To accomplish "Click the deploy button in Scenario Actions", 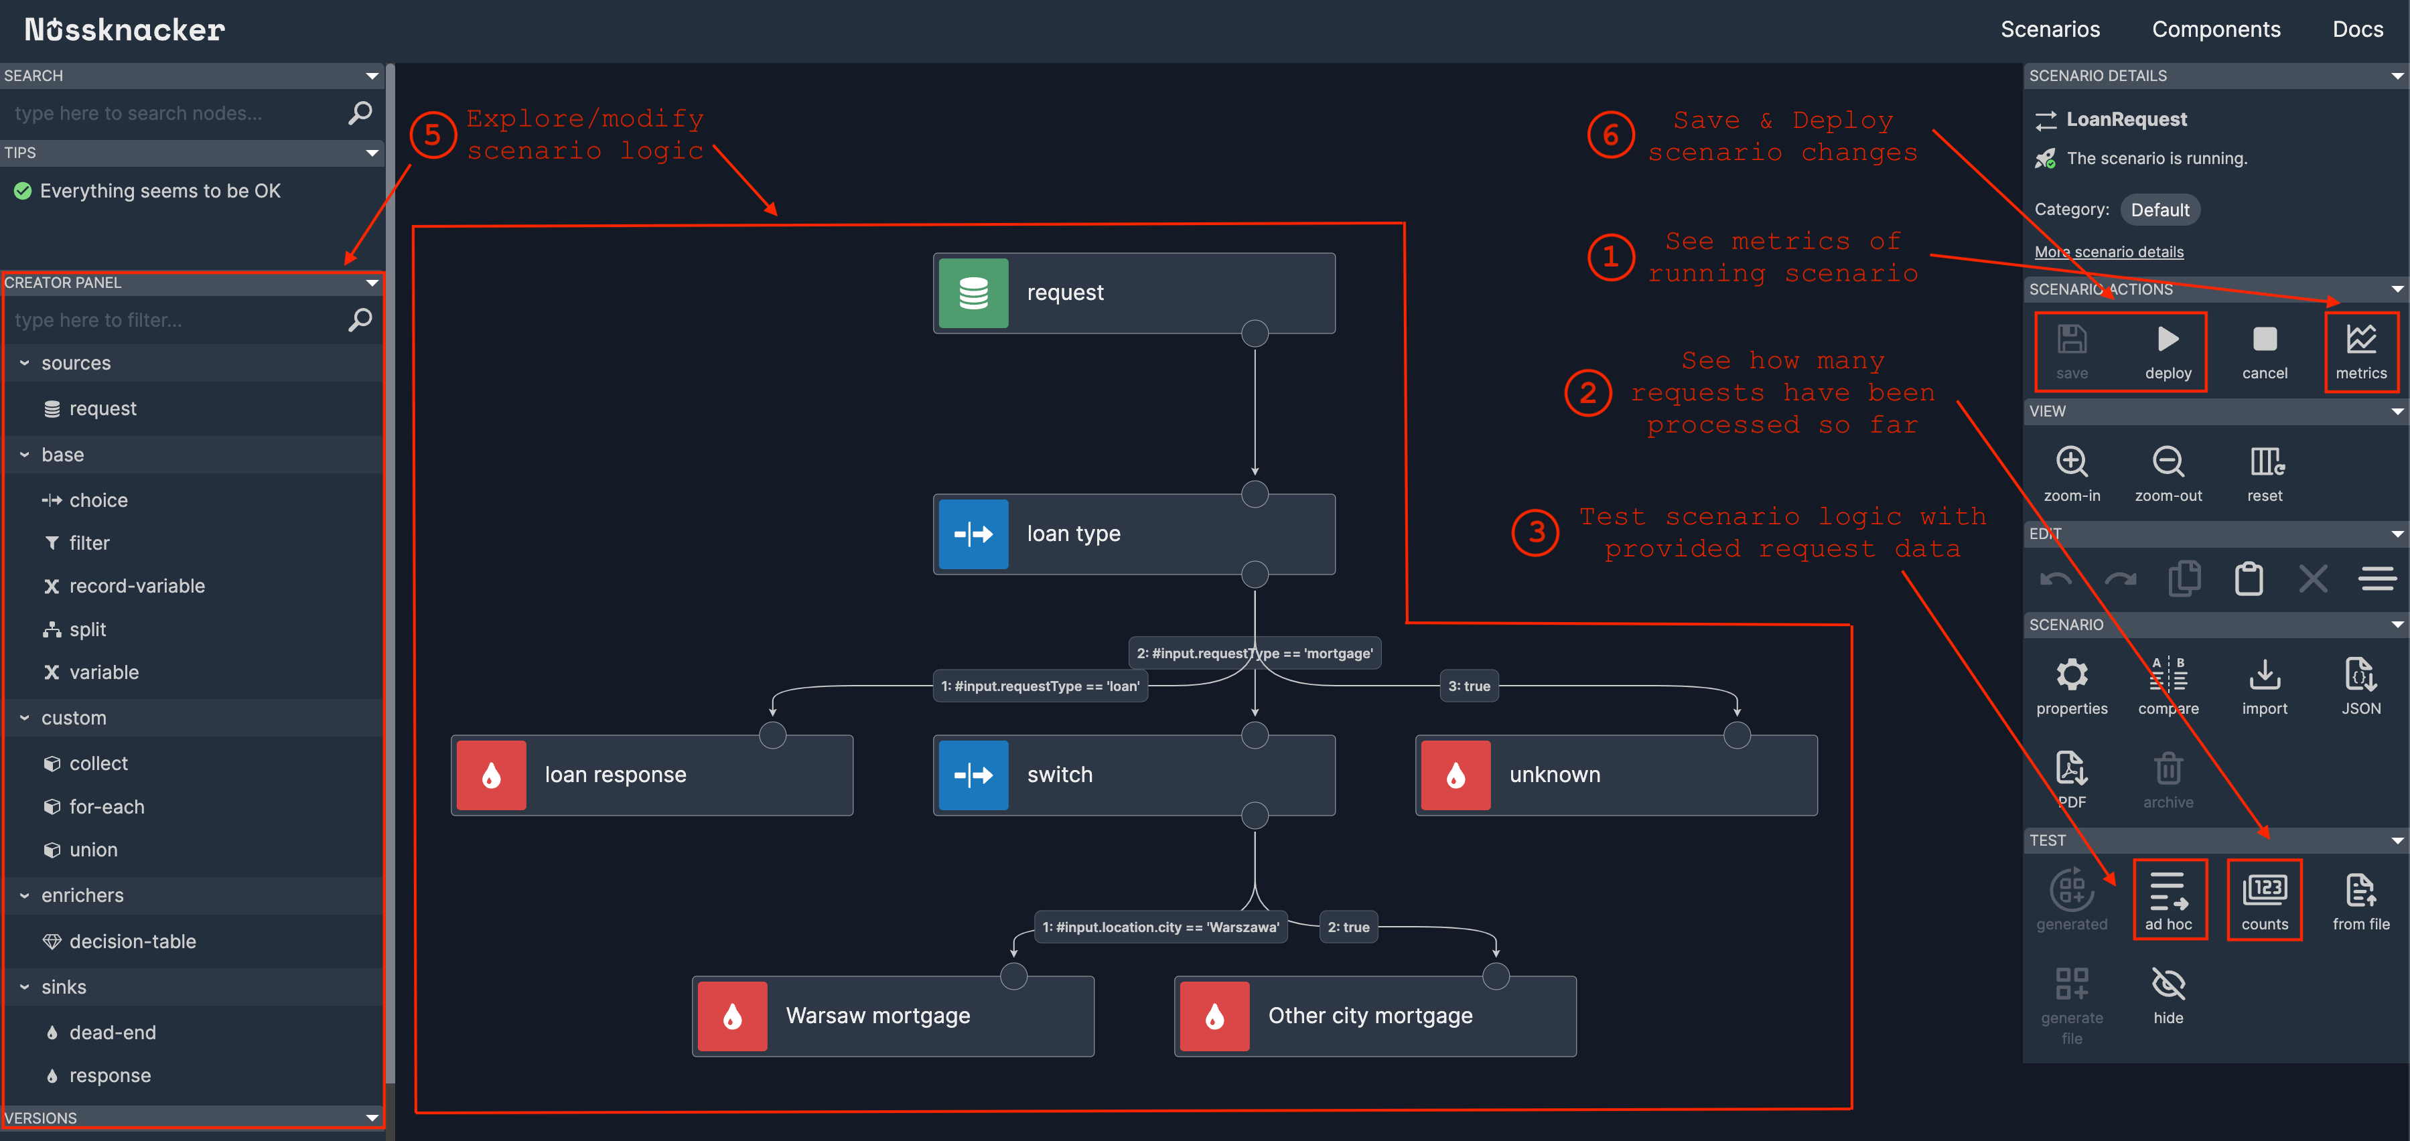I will coord(2167,351).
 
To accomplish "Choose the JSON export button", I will coord(2360,684).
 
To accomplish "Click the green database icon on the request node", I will coord(973,293).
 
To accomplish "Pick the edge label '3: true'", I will coord(1468,686).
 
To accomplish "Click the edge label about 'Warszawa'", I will coord(1159,927).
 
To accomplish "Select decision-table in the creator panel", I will coord(132,941).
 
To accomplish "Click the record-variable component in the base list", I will coord(137,585).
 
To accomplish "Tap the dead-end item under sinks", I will coord(113,1032).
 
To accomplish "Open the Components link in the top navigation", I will coord(2215,29).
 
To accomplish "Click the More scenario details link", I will coord(2108,252).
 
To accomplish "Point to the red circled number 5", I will coord(432,135).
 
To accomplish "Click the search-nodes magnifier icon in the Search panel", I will coord(360,113).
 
